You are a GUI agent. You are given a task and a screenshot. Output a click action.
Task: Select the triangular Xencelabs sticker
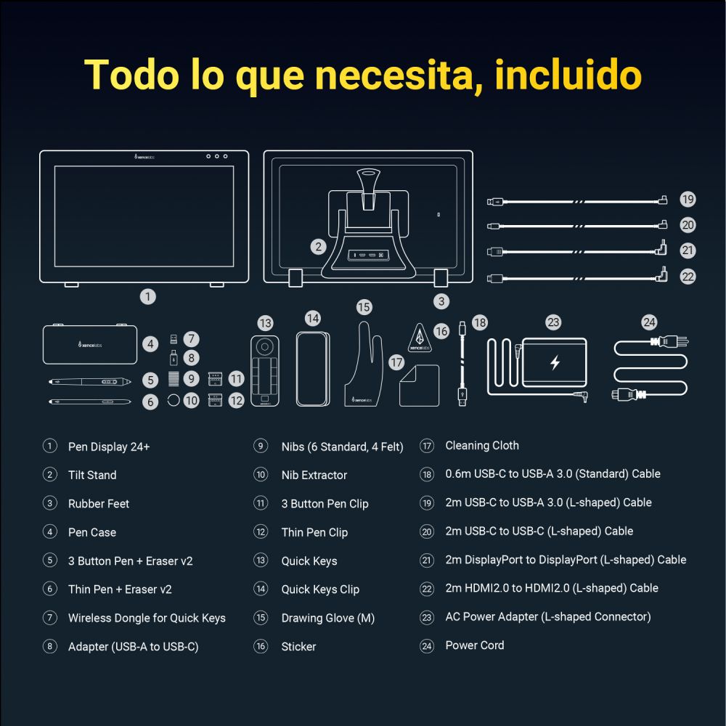[418, 338]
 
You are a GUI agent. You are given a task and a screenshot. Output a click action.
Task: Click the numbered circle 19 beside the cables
[688, 200]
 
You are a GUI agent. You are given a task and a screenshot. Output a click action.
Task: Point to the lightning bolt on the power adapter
[555, 362]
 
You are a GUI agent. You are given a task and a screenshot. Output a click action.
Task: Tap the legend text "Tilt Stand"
[92, 475]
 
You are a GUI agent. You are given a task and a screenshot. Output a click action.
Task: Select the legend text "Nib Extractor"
[314, 475]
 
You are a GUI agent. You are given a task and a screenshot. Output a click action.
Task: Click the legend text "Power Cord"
[475, 645]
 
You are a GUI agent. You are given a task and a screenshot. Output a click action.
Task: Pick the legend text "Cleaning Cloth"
[482, 446]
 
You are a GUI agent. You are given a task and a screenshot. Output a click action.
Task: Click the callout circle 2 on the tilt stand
[318, 247]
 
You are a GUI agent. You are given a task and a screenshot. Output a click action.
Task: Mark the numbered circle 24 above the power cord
[649, 322]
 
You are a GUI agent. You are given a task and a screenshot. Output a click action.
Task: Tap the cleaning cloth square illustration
[419, 385]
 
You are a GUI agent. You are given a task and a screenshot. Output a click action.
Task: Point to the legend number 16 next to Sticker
[261, 646]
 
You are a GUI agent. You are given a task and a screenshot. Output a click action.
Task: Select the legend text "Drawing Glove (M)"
[328, 618]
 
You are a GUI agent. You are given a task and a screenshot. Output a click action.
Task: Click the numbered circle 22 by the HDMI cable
[688, 277]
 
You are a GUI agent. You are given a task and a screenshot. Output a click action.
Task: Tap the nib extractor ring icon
[174, 399]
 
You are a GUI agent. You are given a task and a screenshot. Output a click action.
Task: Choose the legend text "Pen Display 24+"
[109, 446]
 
